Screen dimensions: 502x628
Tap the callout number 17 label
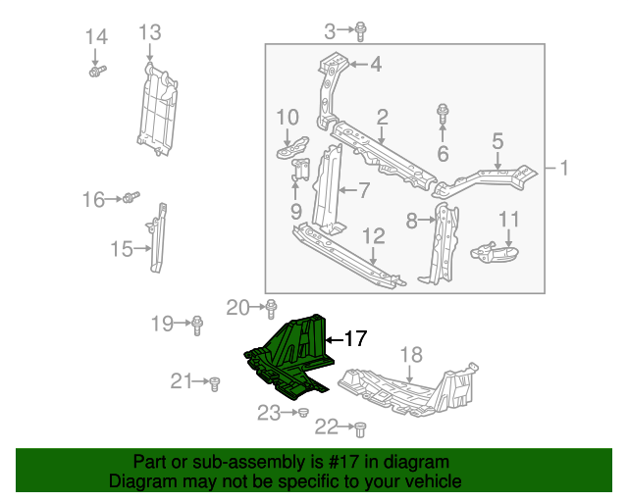(x=354, y=339)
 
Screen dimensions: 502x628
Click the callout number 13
(x=149, y=33)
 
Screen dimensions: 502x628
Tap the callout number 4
(x=376, y=65)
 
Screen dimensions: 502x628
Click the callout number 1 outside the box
(x=564, y=168)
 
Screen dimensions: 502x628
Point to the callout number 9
(x=295, y=210)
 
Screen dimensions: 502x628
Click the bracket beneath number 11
(x=496, y=252)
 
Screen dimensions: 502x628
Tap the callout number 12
(x=374, y=236)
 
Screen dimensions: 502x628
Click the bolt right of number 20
(x=271, y=308)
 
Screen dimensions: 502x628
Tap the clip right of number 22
(x=359, y=427)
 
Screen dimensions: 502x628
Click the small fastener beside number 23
(x=302, y=414)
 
